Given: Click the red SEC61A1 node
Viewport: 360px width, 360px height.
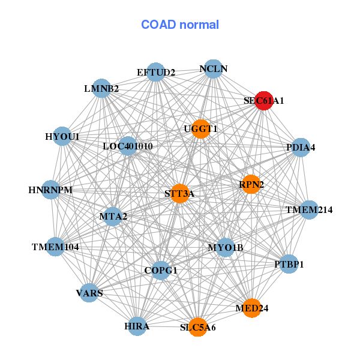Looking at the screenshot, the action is (x=264, y=101).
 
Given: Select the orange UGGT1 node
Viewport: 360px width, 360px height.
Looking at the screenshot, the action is (x=201, y=129).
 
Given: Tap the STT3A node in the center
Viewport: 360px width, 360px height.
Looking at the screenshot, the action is (x=180, y=194).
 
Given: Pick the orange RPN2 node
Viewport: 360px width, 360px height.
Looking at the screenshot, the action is (x=251, y=184).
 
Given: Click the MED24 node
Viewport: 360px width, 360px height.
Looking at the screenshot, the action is (x=252, y=308).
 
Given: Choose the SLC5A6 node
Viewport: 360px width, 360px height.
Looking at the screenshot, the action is (x=197, y=327).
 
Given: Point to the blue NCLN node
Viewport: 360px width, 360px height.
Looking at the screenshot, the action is (x=213, y=69).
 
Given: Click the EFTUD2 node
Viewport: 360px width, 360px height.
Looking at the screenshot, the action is (x=155, y=72).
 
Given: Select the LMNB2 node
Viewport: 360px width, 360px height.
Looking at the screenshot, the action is (x=101, y=88).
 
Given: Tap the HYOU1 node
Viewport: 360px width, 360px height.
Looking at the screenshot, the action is (x=62, y=136).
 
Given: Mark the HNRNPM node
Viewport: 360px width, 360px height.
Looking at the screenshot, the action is (x=51, y=190).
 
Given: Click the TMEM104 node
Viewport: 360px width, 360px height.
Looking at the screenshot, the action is (x=55, y=247).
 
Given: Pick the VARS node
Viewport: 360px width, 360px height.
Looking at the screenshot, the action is (x=89, y=293).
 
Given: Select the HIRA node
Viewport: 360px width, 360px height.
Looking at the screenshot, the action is (x=137, y=326).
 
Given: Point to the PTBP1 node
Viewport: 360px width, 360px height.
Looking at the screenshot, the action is (x=289, y=264).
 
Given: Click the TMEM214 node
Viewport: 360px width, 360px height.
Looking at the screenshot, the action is (x=309, y=210).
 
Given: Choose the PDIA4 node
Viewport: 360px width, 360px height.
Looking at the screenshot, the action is (x=301, y=148).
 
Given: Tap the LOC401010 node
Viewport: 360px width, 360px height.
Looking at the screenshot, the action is (x=128, y=146).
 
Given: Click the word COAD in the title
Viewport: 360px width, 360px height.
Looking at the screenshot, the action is (x=158, y=25).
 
